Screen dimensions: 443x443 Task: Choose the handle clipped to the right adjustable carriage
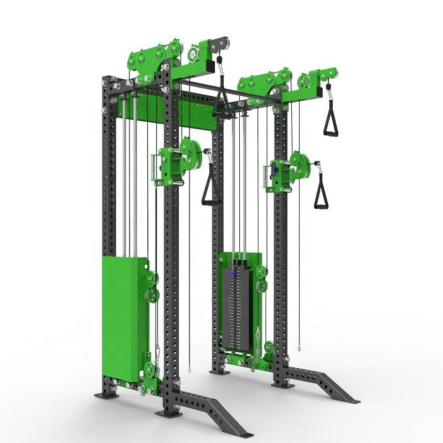coord(321,191)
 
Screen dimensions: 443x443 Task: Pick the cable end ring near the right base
coord(300,349)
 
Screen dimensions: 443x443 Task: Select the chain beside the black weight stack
coord(256,343)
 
